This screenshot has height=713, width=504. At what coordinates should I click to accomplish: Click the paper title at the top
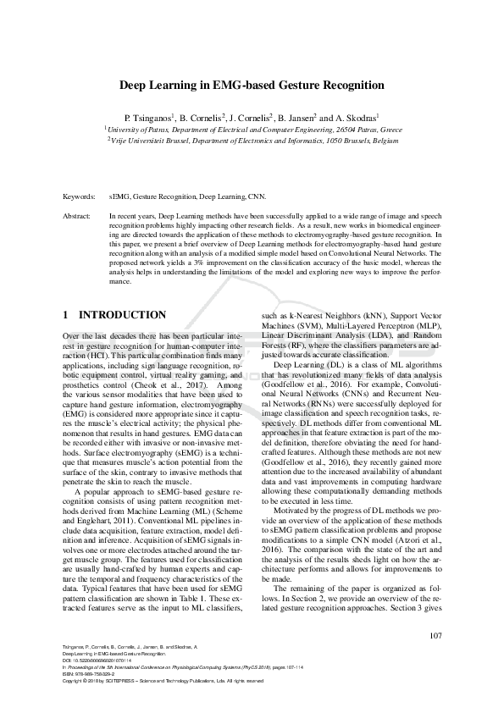252,86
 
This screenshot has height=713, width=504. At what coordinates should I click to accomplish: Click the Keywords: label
79,196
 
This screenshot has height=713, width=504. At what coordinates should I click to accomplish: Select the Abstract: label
77,218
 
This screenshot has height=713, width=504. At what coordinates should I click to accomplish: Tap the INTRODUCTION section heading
122,314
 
